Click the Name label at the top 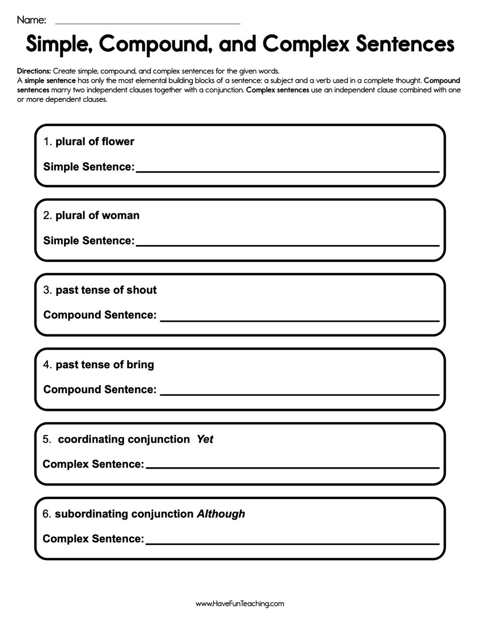click(31, 20)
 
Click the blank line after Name click(148, 22)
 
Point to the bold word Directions click(34, 71)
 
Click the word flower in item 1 click(118, 141)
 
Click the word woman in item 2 click(121, 215)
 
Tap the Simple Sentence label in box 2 click(89, 240)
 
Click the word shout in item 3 click(141, 290)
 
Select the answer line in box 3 click(300, 320)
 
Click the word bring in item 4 click(140, 364)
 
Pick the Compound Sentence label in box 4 click(100, 389)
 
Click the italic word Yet click(205, 439)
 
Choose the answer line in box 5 click(292, 467)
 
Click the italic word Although click(221, 514)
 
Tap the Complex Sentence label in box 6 click(93, 539)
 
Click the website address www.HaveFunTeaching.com click(240, 604)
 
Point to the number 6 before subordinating click(46, 514)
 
